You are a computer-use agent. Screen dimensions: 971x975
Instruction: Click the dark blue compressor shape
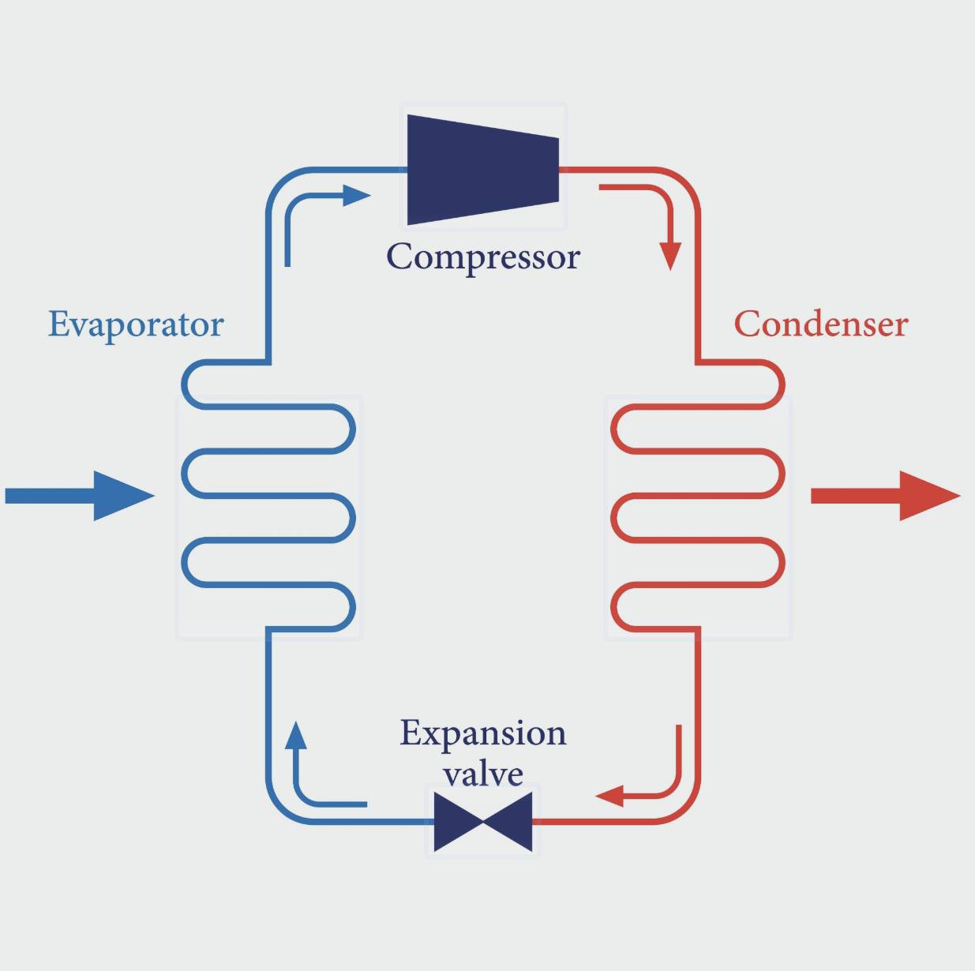(483, 170)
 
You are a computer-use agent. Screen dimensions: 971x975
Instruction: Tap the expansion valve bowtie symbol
(483, 823)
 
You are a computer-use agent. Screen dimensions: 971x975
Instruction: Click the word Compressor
(483, 257)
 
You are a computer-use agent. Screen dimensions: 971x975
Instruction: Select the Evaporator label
(136, 324)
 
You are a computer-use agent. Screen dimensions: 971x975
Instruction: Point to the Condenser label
(821, 324)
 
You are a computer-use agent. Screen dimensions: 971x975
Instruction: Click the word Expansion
(483, 734)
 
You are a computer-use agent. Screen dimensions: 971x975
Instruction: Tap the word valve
(483, 774)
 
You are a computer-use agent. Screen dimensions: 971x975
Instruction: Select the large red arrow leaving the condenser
(884, 496)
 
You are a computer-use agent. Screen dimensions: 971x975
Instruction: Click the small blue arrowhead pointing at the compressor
(356, 195)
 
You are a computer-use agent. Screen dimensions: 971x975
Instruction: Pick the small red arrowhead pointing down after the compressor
(670, 255)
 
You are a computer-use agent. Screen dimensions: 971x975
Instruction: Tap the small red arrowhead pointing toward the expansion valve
(610, 795)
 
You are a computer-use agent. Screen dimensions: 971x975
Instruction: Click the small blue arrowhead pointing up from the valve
(295, 736)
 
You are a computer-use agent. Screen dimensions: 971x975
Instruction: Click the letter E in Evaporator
(58, 324)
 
